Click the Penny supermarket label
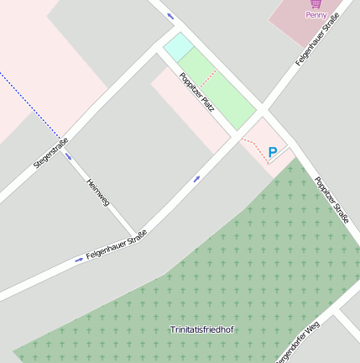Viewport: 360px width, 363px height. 316,14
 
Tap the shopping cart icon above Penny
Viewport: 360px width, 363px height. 316,4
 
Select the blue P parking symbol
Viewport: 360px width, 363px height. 272,152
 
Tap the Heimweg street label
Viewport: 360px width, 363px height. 98,192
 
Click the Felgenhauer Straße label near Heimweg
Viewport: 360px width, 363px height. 117,245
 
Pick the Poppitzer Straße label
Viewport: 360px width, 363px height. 331,199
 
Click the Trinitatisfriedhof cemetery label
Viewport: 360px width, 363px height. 201,329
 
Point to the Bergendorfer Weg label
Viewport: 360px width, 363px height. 299,344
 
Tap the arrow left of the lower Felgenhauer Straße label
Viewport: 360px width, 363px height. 79,260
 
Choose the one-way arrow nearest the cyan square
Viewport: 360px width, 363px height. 170,16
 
